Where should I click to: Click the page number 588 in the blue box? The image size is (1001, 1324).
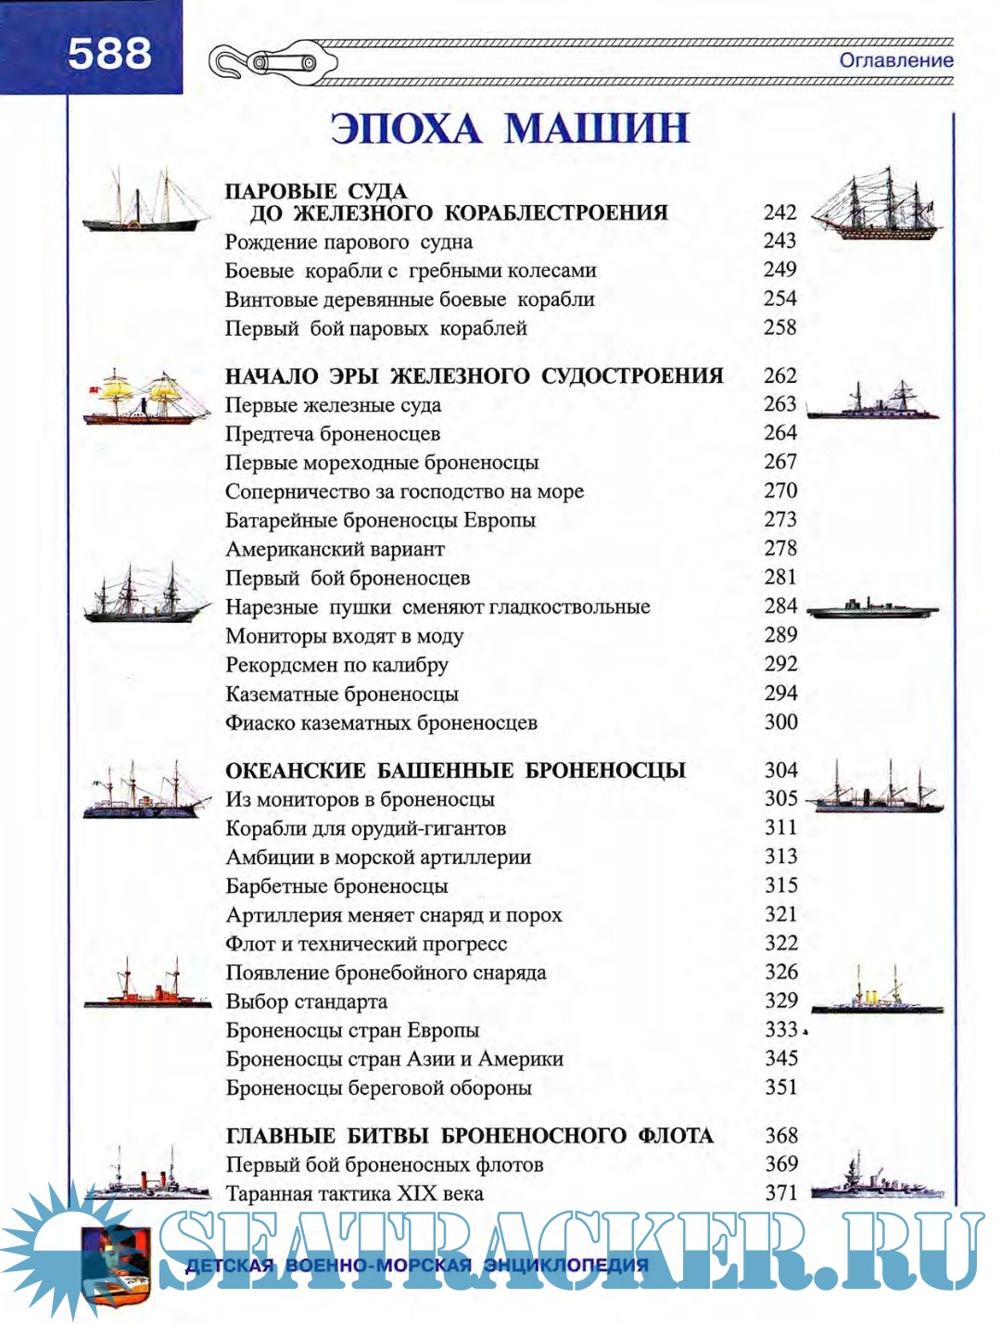pos(109,54)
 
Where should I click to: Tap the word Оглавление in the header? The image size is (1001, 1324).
pos(895,60)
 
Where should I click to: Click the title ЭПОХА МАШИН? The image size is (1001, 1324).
pos(510,128)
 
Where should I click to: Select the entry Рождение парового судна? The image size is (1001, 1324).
pos(348,242)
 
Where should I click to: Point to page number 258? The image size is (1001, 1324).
pos(779,327)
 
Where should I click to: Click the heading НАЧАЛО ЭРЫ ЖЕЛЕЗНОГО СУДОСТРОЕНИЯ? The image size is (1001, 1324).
pos(474,376)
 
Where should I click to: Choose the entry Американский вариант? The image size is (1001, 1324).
pos(335,549)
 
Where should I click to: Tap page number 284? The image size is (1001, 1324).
pos(780,606)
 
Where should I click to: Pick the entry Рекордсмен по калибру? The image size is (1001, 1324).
pos(336,665)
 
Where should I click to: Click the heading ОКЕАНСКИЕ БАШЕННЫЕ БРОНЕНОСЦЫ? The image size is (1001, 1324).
pos(455,770)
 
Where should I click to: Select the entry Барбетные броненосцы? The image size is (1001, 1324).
pos(336,885)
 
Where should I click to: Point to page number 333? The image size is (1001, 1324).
pos(780,1029)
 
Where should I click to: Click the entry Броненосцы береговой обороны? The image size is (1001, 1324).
pos(378,1088)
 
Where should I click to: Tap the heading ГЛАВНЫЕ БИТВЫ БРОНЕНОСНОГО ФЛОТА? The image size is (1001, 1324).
pos(469,1136)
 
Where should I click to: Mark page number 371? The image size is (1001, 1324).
pos(780,1193)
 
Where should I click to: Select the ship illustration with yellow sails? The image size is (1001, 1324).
pos(146,398)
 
